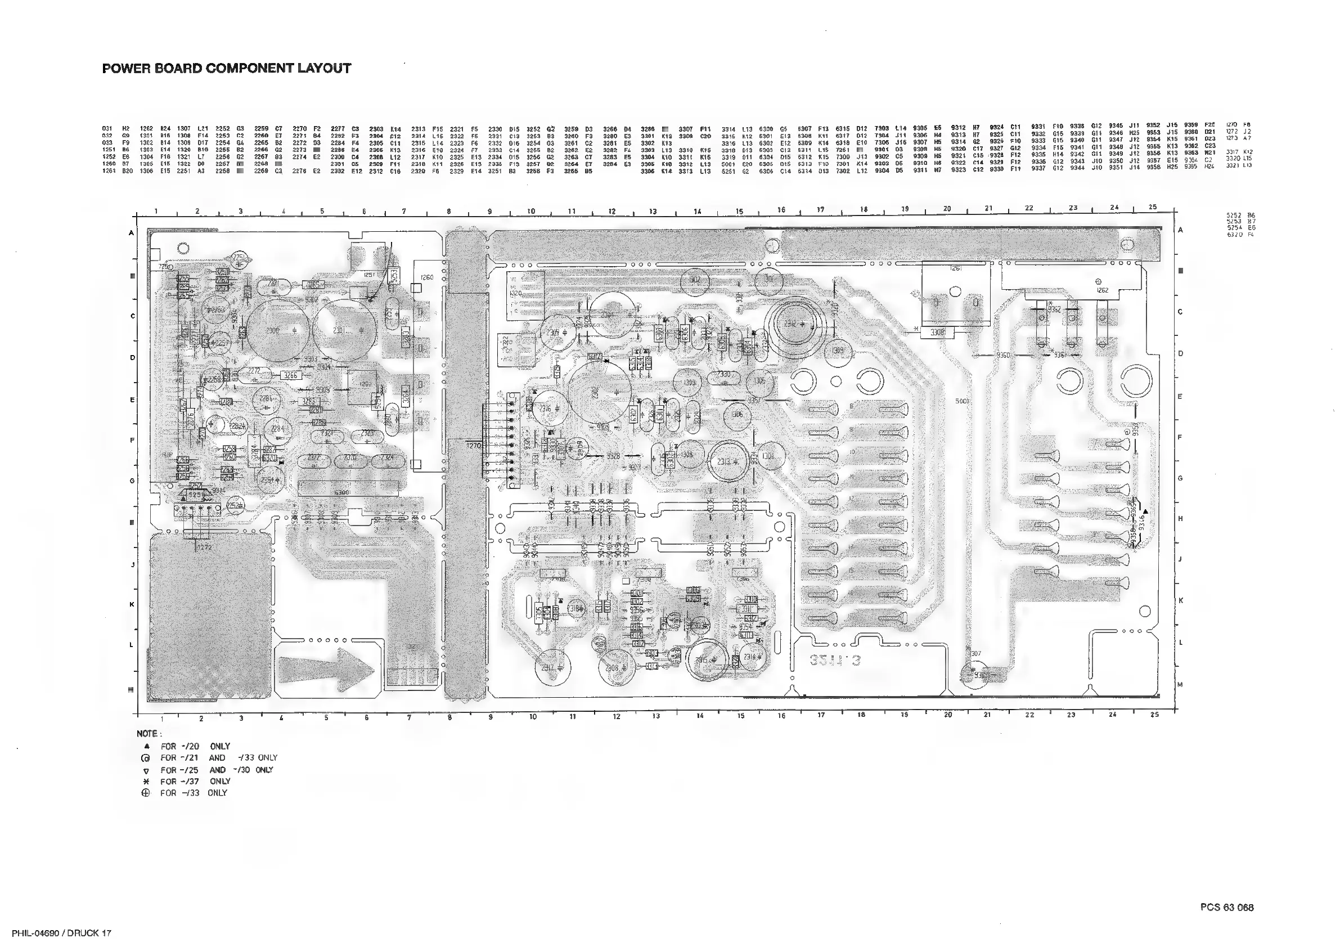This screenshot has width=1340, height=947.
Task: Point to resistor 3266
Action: click(x=291, y=375)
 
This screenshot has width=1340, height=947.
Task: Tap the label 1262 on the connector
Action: click(x=1101, y=290)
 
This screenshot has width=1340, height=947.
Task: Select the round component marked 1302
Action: click(x=695, y=280)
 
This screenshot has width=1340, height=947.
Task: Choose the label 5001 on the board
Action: click(x=961, y=402)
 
